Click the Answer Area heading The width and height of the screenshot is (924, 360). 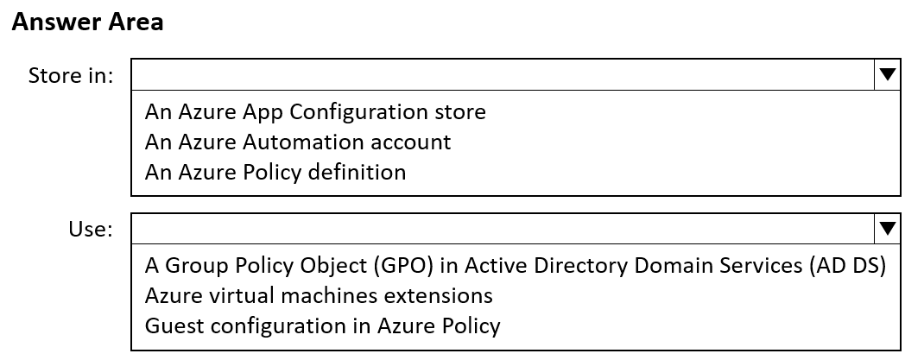(x=87, y=22)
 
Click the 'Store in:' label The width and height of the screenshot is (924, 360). (x=71, y=75)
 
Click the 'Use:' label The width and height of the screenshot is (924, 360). (x=90, y=229)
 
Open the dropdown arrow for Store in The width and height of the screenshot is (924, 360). (x=888, y=74)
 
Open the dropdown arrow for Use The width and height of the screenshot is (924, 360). (x=888, y=229)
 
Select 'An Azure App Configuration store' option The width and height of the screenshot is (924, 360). (x=315, y=112)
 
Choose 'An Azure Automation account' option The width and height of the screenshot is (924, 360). (x=298, y=142)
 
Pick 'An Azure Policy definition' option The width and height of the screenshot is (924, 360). (x=275, y=172)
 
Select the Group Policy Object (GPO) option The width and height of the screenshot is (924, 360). (x=515, y=266)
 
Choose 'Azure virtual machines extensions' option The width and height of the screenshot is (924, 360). (x=319, y=295)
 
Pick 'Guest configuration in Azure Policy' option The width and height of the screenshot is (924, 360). (x=322, y=325)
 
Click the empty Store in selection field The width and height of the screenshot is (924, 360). (x=503, y=74)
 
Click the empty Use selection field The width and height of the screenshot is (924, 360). (x=503, y=229)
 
